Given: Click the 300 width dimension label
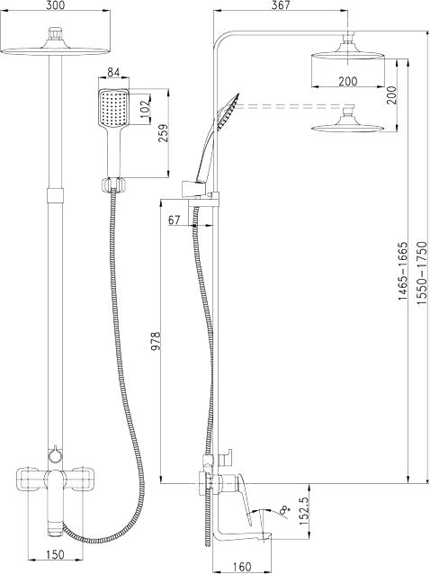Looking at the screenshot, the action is click(56, 5).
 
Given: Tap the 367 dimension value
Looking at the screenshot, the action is click(281, 5).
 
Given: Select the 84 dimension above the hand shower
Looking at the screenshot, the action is click(114, 73).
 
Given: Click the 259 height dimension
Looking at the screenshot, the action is click(163, 133).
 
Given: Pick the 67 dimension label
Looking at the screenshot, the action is click(175, 220).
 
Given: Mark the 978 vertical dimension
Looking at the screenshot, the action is click(156, 341).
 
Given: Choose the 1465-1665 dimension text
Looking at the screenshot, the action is click(403, 271).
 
